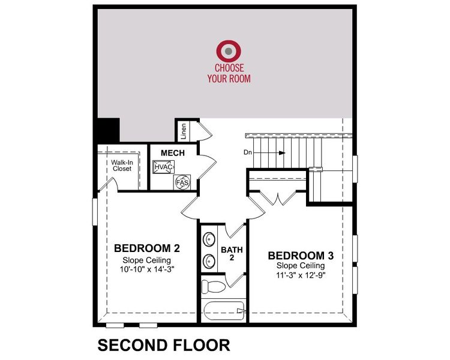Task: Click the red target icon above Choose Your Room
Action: (x=229, y=51)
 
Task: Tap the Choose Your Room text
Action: (x=229, y=74)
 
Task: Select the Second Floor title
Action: (x=164, y=345)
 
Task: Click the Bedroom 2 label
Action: (x=147, y=248)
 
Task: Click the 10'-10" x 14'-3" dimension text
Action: (x=147, y=269)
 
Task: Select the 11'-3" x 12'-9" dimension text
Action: (x=301, y=275)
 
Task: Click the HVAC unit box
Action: (x=163, y=167)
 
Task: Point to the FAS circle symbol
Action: (x=181, y=181)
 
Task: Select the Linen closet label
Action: (x=184, y=131)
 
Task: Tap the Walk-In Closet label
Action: (x=122, y=166)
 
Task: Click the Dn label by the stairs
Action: (x=248, y=152)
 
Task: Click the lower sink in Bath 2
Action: (x=210, y=261)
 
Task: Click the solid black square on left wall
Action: (x=107, y=128)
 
